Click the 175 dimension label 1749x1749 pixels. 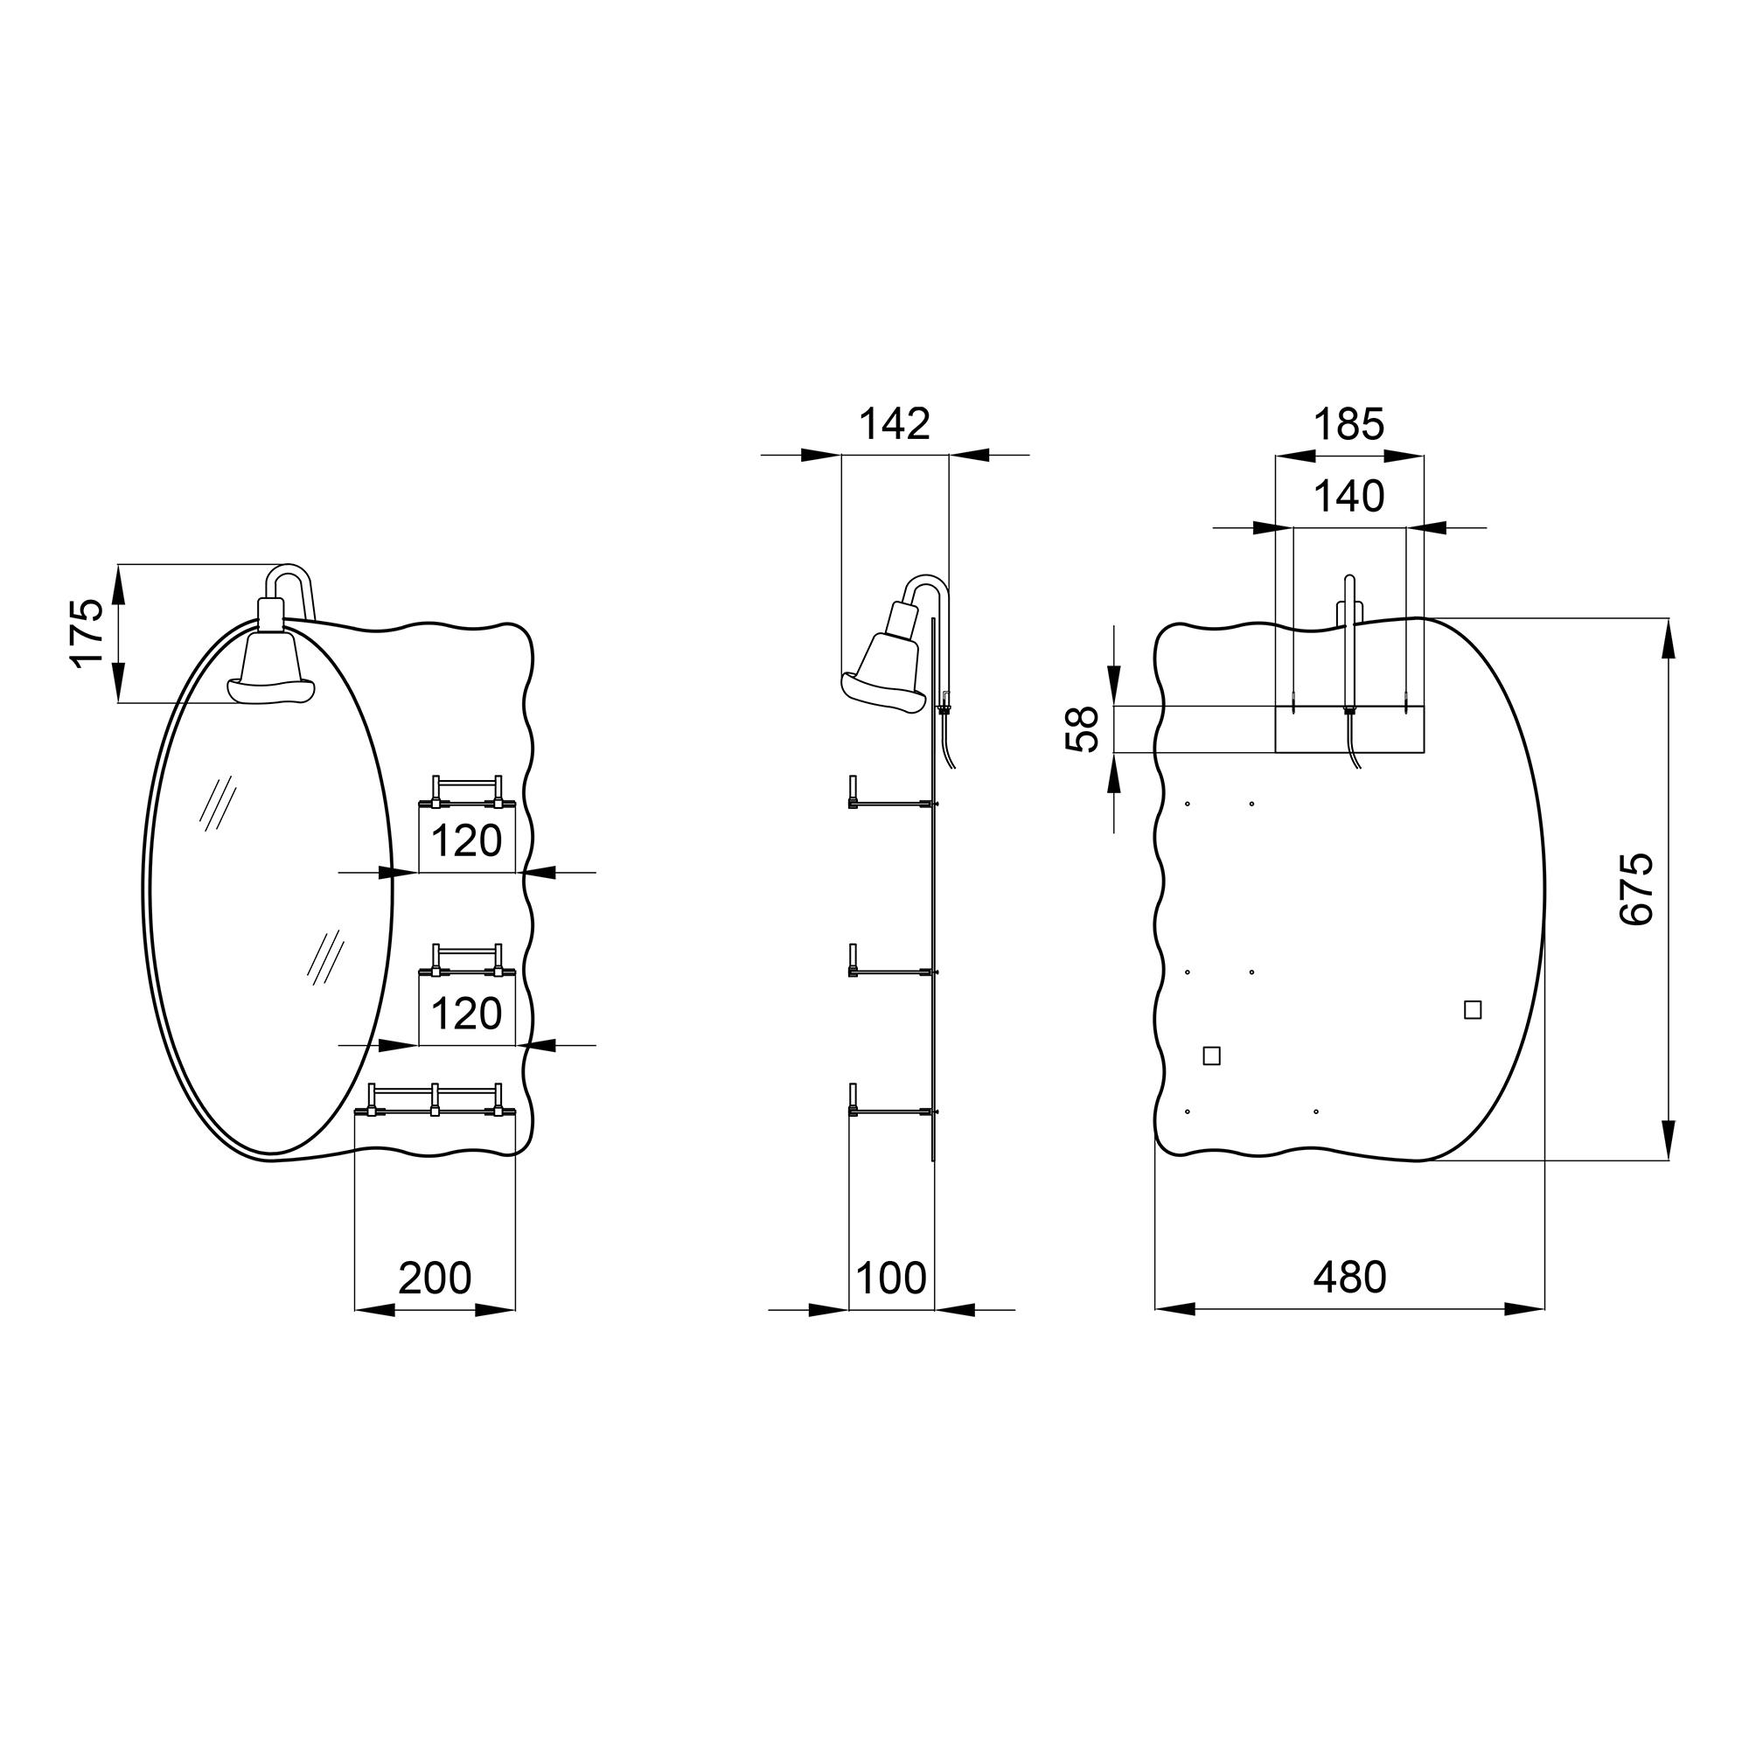tap(87, 633)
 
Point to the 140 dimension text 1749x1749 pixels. tap(1348, 496)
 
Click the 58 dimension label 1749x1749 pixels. tap(1082, 729)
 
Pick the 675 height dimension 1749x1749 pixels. tap(1636, 888)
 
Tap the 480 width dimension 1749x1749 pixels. tap(1349, 1278)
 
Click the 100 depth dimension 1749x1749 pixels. tap(891, 1278)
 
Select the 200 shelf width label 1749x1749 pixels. tap(435, 1278)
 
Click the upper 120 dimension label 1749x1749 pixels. tap(466, 842)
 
